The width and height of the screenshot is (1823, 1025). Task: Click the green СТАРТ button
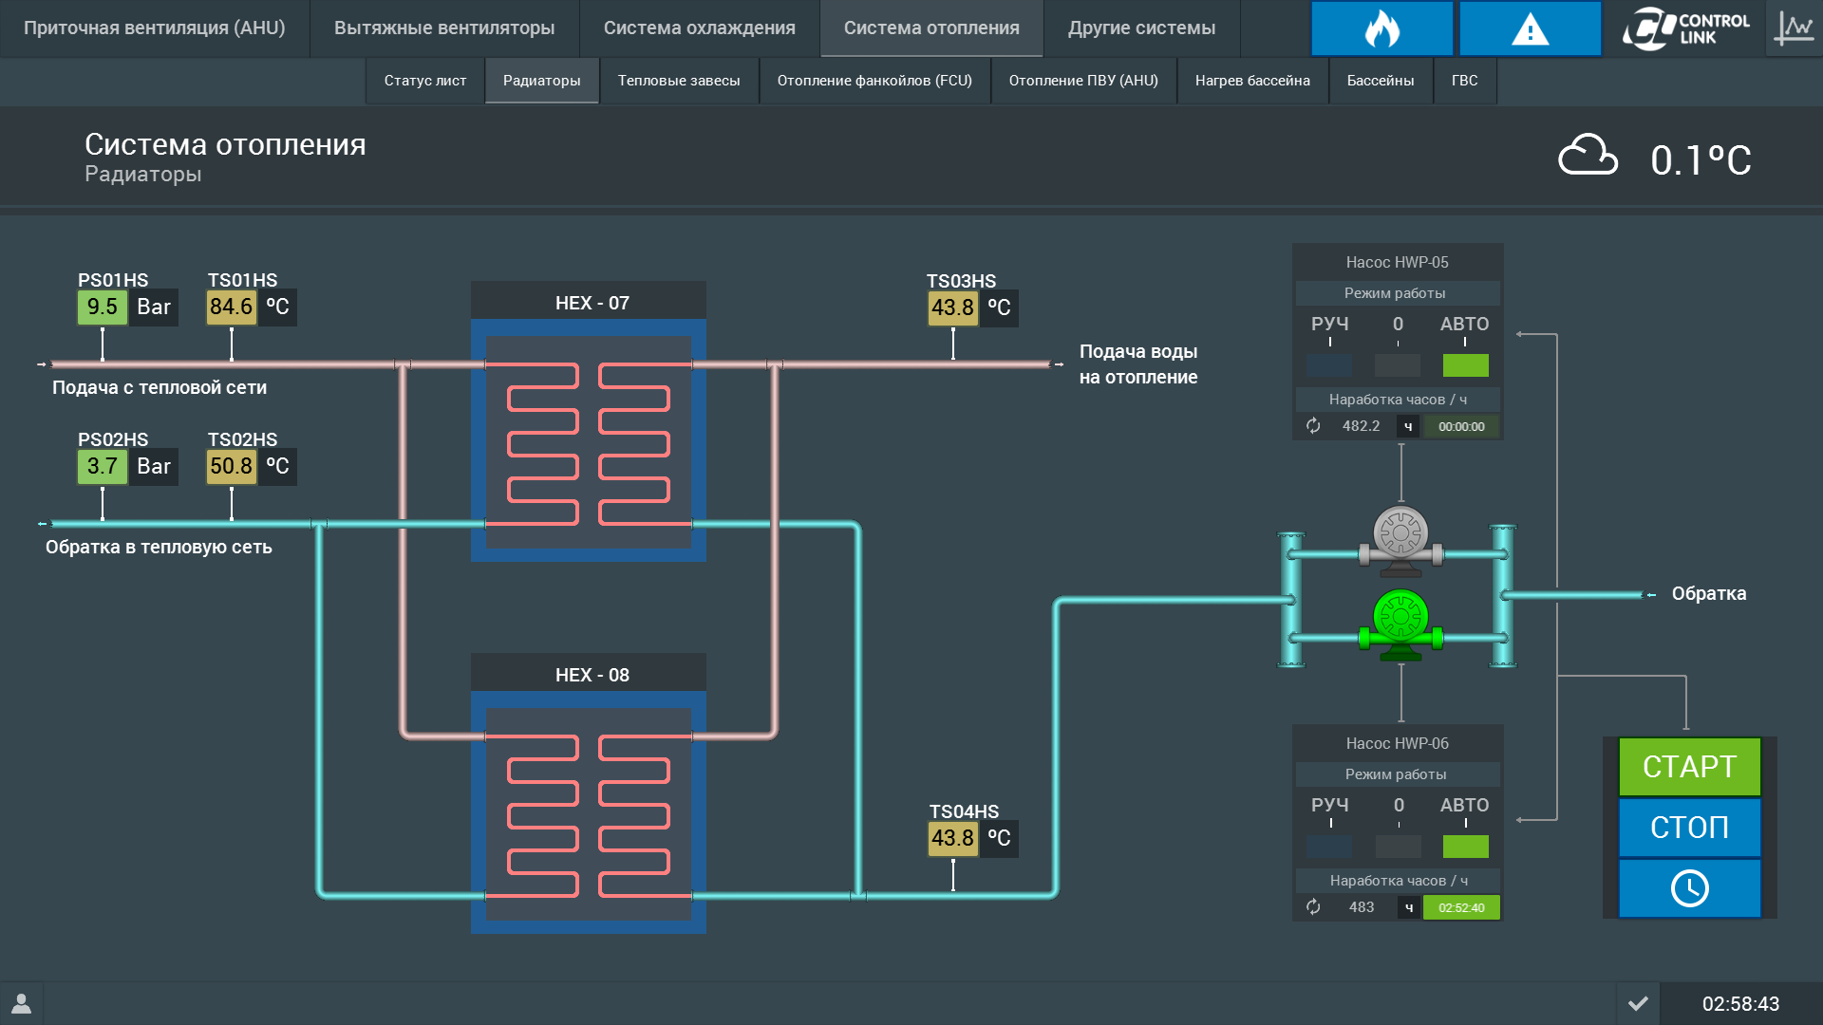point(1689,767)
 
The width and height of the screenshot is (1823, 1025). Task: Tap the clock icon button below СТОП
point(1689,888)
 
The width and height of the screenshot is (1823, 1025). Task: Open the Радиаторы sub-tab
point(541,81)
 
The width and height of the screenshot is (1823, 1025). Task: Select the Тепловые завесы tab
point(679,81)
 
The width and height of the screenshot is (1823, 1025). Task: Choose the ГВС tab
point(1464,81)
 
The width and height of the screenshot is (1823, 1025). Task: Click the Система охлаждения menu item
point(700,28)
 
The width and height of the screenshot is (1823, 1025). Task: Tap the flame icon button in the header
point(1381,28)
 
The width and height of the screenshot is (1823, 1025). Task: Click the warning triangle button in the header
point(1530,28)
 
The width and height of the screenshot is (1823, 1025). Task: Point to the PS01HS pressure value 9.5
point(103,307)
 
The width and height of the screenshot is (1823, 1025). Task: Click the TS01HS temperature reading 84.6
point(232,307)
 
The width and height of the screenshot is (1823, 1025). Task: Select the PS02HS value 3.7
point(103,467)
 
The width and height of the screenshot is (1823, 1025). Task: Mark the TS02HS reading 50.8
point(232,467)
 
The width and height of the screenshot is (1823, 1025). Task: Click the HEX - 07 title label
point(592,303)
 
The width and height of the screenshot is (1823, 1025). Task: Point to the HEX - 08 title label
point(592,675)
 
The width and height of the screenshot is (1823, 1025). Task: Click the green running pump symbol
point(1400,624)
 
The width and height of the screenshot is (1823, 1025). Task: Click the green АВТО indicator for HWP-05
point(1465,365)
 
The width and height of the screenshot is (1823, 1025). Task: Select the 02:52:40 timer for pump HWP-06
point(1461,907)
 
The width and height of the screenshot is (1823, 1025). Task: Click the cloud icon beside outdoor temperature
point(1588,156)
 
